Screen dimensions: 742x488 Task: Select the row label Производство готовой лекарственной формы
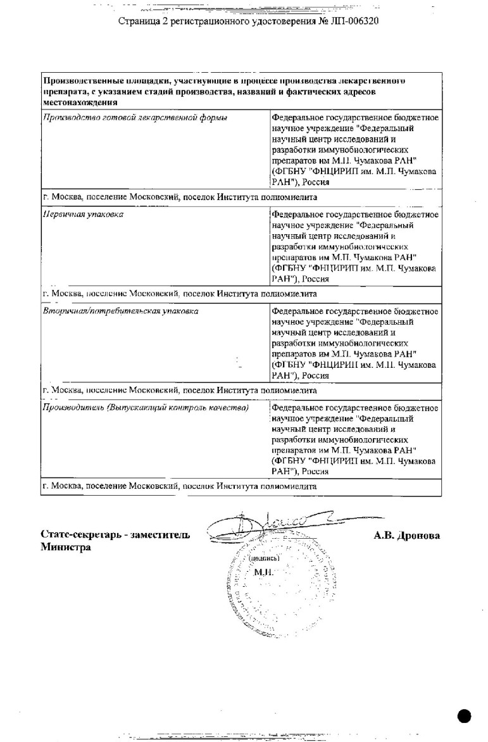click(135, 118)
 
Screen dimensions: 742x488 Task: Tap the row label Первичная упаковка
click(82, 215)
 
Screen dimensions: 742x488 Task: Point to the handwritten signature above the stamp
click(285, 525)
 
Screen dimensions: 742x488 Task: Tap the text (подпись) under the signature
click(265, 560)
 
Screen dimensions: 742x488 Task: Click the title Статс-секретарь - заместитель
click(115, 536)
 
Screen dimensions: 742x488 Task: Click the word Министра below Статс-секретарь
click(66, 548)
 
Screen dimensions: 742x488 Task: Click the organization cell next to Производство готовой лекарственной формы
click(354, 150)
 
